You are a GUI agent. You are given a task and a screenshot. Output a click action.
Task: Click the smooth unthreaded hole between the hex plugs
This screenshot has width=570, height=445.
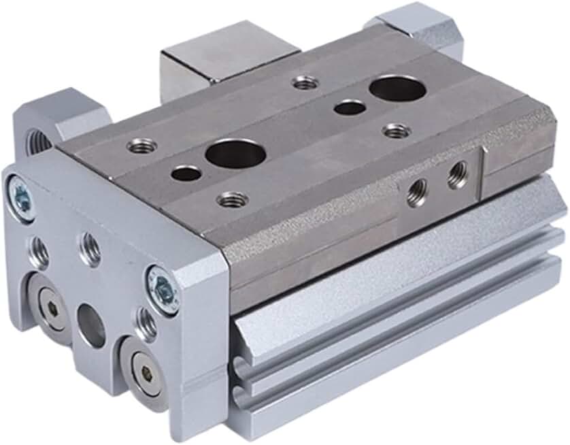(91, 326)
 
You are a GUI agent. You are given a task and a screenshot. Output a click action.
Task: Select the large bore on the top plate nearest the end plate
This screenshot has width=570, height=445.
(235, 154)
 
